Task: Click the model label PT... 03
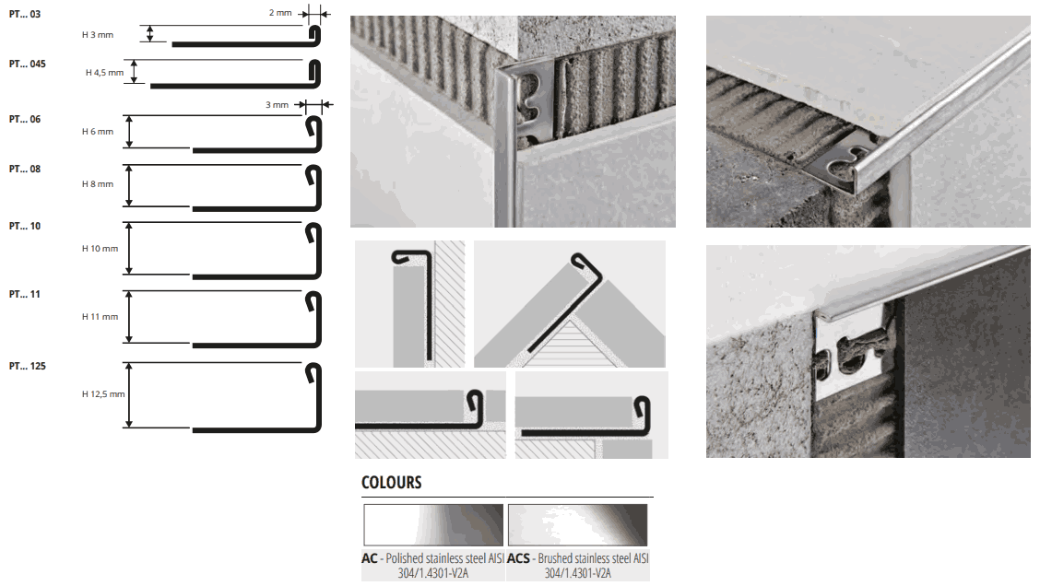[x=25, y=14]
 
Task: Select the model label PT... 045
[x=27, y=64]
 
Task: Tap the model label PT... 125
[x=27, y=366]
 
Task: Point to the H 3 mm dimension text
[x=98, y=34]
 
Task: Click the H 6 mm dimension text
[x=98, y=131]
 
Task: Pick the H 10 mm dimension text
[x=100, y=249]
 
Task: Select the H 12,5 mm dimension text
[x=103, y=393]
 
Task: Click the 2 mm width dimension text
[x=280, y=13]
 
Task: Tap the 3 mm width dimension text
[x=278, y=105]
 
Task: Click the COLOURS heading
[x=391, y=483]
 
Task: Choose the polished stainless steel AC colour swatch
[x=433, y=525]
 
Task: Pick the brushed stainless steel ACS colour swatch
[x=578, y=525]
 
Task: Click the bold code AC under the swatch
[x=370, y=559]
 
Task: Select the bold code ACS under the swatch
[x=519, y=559]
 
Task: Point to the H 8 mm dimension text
[x=98, y=183]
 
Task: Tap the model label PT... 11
[x=25, y=294]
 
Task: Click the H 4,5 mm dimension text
[x=105, y=73]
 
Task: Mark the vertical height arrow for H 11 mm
[x=129, y=317]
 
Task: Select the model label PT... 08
[x=25, y=169]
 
